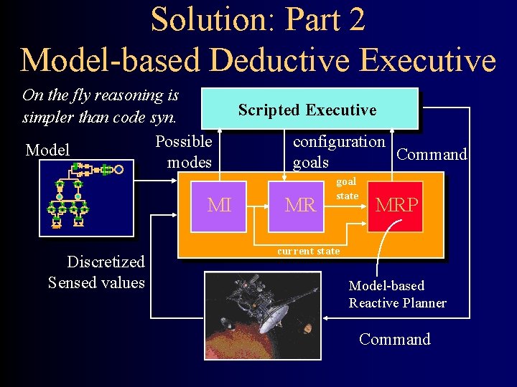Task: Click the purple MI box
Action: [219, 205]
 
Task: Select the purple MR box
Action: [300, 205]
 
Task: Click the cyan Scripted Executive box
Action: [309, 109]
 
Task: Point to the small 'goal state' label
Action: [347, 189]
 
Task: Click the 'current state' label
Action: [308, 251]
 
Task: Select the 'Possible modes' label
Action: [185, 152]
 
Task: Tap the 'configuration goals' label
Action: [338, 152]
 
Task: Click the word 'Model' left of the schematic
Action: [47, 150]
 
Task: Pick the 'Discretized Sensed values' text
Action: [96, 272]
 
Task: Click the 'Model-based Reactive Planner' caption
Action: [397, 295]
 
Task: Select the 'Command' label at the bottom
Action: [394, 339]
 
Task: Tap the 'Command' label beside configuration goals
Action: [432, 155]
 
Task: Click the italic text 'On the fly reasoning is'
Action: [101, 95]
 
